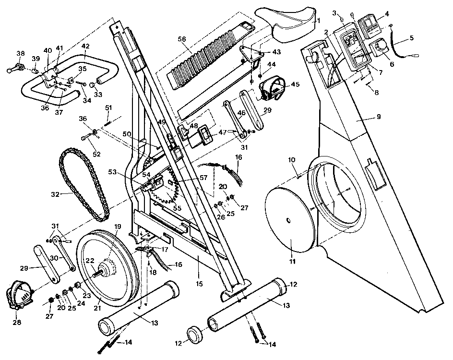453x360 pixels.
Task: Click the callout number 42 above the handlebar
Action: (x=86, y=46)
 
